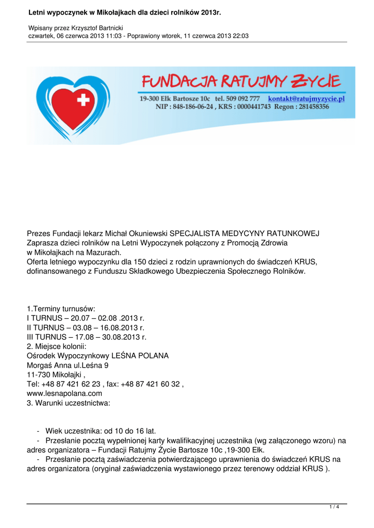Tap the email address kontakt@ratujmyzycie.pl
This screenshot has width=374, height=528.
tap(306, 98)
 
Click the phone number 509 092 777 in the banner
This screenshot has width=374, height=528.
tap(243, 98)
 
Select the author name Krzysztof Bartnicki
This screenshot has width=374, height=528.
tap(95, 27)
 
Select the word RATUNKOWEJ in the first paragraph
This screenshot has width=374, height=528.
tap(292, 234)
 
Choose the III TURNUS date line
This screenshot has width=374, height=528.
tap(87, 337)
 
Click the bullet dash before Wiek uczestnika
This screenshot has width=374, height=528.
tap(39, 431)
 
